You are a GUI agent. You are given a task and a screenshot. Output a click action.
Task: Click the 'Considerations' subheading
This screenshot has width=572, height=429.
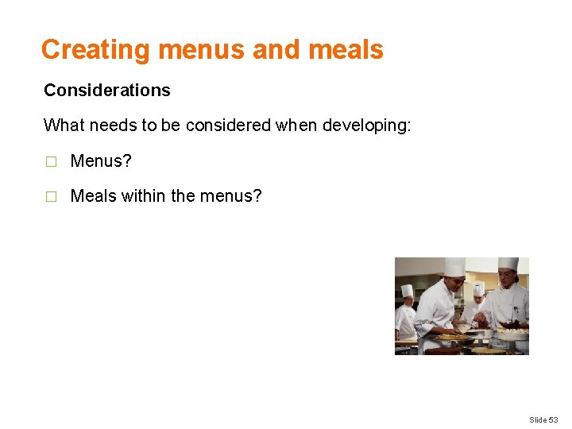(107, 91)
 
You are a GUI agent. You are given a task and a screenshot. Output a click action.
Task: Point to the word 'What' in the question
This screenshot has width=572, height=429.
(63, 126)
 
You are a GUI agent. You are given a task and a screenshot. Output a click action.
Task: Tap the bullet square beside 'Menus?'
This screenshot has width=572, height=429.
(51, 162)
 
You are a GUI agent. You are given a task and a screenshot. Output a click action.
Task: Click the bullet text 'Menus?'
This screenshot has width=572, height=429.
(101, 161)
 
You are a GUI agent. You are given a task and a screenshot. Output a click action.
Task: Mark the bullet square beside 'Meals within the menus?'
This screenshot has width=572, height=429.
(51, 196)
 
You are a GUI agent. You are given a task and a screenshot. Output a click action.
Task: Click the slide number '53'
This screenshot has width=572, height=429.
(553, 419)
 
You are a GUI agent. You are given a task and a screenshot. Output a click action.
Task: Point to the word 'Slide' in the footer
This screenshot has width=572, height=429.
(537, 419)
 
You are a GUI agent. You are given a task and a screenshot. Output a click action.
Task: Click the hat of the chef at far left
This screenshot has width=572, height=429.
(407, 291)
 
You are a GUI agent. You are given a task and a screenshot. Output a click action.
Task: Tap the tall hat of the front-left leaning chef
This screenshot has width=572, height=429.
(454, 266)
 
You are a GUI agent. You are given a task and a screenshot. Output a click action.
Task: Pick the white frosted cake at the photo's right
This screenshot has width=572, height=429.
(513, 334)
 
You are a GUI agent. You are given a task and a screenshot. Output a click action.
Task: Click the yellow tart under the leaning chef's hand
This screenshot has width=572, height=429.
(454, 336)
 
